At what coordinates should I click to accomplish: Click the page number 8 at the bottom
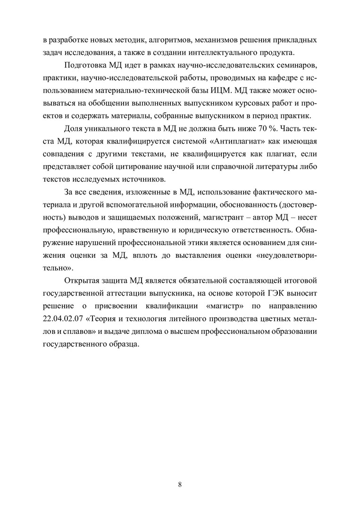[180, 484]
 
